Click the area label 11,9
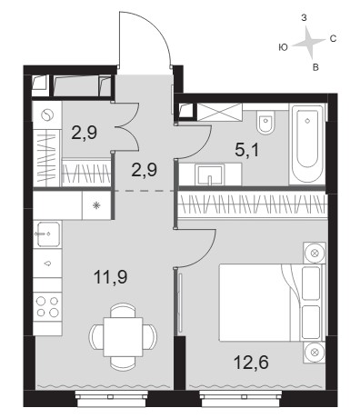click(x=111, y=277)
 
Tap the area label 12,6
click(x=252, y=363)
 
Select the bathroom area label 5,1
click(x=247, y=150)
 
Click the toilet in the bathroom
click(x=265, y=122)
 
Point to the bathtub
click(x=307, y=144)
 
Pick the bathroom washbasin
click(x=209, y=174)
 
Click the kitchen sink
click(x=48, y=234)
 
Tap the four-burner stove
click(x=47, y=307)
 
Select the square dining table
click(x=123, y=337)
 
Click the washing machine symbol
click(x=47, y=114)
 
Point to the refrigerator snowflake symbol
click(x=96, y=206)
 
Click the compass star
click(x=309, y=42)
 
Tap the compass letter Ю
click(x=283, y=47)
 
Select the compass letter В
click(x=315, y=67)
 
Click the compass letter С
click(x=333, y=39)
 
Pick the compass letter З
click(x=304, y=18)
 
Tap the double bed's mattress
click(x=255, y=303)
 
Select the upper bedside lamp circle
click(x=315, y=253)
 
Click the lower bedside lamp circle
click(x=315, y=353)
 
